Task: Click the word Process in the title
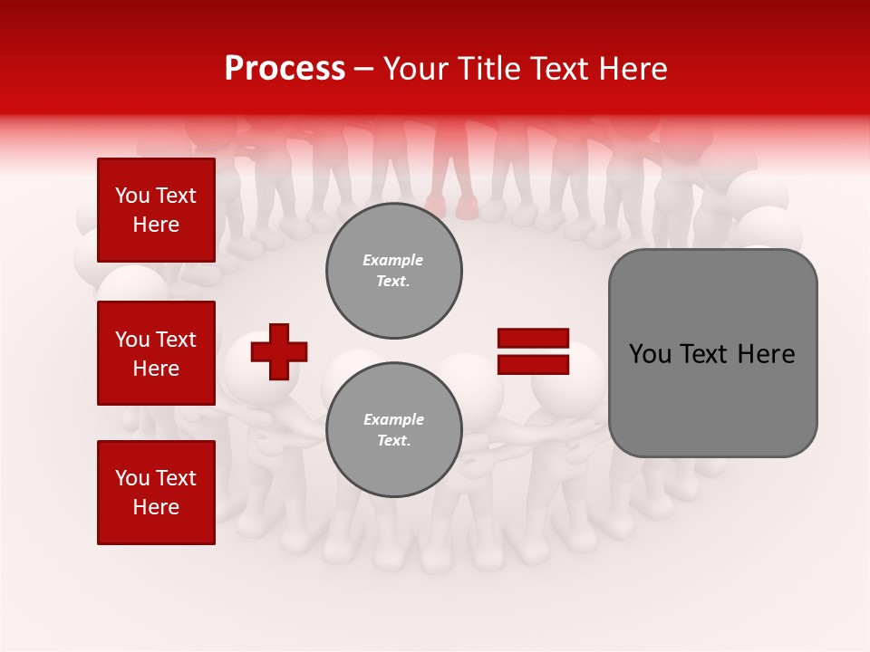(x=285, y=69)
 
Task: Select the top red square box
(x=156, y=210)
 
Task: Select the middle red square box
(x=156, y=353)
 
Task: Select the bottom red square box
(x=156, y=493)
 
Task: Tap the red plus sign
(x=279, y=351)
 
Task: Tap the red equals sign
(x=533, y=351)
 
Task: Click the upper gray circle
(x=394, y=271)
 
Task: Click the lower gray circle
(x=394, y=430)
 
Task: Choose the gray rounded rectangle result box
(x=712, y=353)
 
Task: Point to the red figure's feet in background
(x=452, y=207)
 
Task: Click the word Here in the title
(x=631, y=69)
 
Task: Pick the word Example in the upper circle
(x=393, y=260)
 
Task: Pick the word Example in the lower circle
(x=393, y=419)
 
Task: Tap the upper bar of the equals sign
(x=533, y=339)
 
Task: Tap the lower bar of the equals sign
(x=533, y=364)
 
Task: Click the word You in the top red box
(x=132, y=196)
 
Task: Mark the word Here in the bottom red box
(x=156, y=507)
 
